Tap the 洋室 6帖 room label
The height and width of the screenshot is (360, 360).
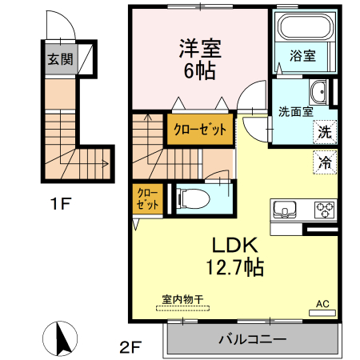(199, 58)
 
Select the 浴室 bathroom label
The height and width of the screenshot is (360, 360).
(302, 56)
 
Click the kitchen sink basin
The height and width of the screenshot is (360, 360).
(285, 210)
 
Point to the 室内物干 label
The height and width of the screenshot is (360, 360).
(183, 300)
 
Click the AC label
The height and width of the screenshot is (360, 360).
(323, 304)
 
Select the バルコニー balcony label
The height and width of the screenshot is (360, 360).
(252, 340)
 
